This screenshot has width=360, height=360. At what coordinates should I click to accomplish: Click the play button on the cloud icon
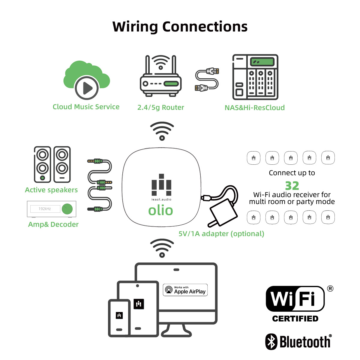click(x=87, y=88)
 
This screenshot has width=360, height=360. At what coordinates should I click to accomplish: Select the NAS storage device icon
click(x=255, y=77)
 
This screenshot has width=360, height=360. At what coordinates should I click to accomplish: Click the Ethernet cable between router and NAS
click(x=207, y=79)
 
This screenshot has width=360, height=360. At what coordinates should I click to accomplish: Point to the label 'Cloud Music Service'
click(x=86, y=107)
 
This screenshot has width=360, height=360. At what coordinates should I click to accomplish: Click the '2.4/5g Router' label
click(x=161, y=108)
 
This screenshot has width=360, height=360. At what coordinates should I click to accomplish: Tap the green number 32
click(x=292, y=185)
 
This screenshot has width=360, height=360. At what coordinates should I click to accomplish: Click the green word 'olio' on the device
click(x=161, y=210)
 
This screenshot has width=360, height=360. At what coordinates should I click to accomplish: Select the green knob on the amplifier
click(x=67, y=209)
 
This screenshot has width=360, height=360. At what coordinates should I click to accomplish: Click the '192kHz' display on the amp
click(x=45, y=209)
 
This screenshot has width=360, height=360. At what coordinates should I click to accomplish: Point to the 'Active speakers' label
click(x=51, y=190)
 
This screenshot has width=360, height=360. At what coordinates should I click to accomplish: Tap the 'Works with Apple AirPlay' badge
click(x=185, y=290)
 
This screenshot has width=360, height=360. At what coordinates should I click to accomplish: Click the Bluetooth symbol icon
click(x=271, y=341)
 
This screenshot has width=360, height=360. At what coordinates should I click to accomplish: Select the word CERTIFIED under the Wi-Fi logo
click(x=295, y=319)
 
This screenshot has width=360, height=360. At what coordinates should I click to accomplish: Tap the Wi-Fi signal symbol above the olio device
click(x=162, y=131)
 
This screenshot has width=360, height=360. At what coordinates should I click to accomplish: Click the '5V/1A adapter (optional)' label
click(x=221, y=234)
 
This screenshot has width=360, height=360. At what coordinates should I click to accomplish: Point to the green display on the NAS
click(x=262, y=61)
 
